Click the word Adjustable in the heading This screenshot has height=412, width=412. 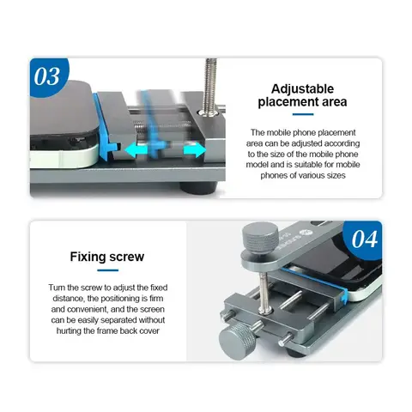303,88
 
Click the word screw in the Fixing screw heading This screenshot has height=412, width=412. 130,256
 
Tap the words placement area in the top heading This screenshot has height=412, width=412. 303,103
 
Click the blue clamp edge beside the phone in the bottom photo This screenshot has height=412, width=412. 342,296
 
